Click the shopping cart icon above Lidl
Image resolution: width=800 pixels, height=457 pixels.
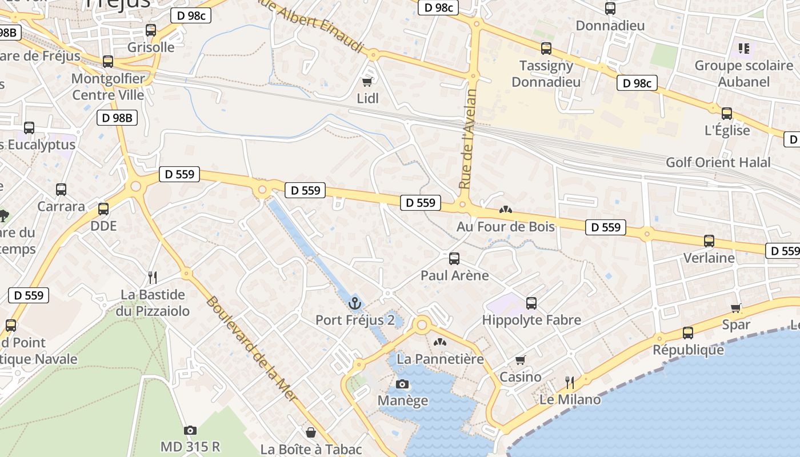tap(367, 82)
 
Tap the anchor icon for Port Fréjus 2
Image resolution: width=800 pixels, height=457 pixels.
tap(355, 303)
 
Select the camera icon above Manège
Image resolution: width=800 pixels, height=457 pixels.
tap(402, 384)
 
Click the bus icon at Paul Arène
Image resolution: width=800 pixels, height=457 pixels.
tap(454, 259)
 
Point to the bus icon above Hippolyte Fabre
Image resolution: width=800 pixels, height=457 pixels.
tap(531, 303)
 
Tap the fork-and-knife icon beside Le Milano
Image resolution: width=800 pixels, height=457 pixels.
tap(569, 383)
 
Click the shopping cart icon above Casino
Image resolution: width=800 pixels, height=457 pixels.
tap(520, 360)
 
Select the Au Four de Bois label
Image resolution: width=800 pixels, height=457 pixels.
tap(505, 227)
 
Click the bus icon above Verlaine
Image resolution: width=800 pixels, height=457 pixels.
tap(709, 241)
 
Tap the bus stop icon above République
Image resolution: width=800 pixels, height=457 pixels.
tap(688, 333)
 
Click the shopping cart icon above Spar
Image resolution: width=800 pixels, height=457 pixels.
tap(736, 308)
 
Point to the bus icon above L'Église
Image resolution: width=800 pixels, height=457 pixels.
tap(727, 114)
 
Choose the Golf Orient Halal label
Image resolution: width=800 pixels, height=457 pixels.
tap(718, 162)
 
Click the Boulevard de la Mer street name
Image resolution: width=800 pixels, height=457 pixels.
tap(252, 348)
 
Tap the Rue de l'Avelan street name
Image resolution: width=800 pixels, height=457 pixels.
tap(467, 139)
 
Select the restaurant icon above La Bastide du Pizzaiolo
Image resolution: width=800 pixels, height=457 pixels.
tap(153, 278)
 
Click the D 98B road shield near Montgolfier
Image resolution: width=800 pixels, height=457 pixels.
tap(118, 118)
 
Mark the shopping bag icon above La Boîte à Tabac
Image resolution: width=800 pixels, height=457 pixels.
tap(311, 432)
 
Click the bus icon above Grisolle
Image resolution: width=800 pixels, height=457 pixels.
tap(151, 30)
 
